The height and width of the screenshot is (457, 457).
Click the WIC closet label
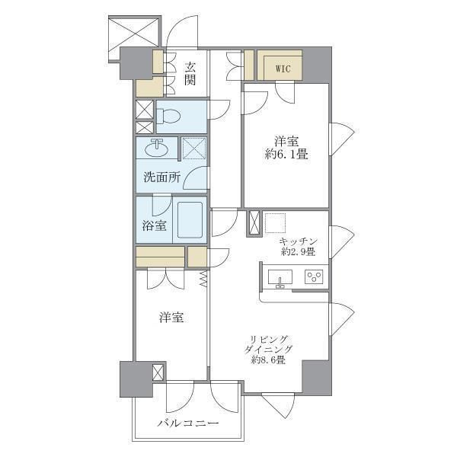tap(283, 69)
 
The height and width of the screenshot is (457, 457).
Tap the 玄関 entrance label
tap(190, 74)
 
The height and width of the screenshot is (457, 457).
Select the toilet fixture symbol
tap(168, 117)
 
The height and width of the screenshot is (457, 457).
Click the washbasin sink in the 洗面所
tap(156, 148)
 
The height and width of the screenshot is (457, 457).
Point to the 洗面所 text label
tap(162, 177)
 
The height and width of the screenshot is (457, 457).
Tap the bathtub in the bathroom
tap(190, 220)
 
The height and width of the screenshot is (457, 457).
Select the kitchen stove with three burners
tap(314, 276)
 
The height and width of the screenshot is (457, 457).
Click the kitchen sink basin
tap(280, 278)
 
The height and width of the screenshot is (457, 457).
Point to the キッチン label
tap(298, 241)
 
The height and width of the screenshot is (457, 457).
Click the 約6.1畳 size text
tap(286, 154)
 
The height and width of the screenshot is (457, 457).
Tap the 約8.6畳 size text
tap(268, 360)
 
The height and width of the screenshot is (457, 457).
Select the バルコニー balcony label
tap(188, 423)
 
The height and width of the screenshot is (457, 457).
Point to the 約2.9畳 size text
tap(298, 251)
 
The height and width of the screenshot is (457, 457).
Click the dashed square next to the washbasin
tap(194, 149)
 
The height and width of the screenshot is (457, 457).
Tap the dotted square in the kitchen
tap(276, 223)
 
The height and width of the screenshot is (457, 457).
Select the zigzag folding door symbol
tap(203, 279)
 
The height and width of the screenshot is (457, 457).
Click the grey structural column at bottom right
tap(317, 378)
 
